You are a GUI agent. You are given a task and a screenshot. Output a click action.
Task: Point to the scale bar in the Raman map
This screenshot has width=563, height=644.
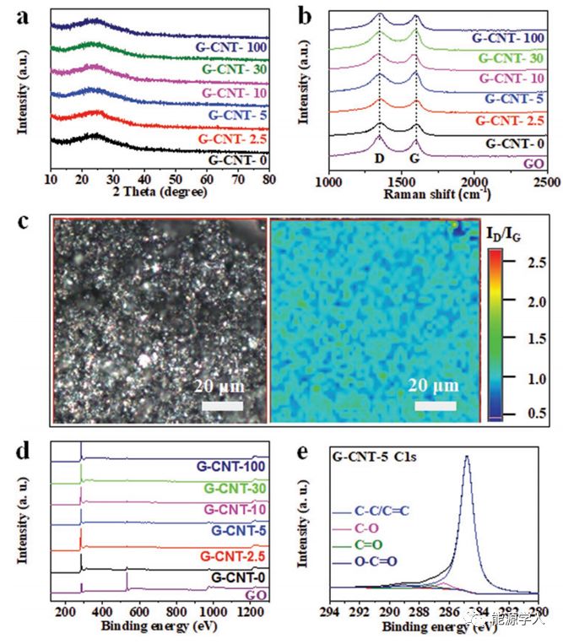(436, 406)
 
